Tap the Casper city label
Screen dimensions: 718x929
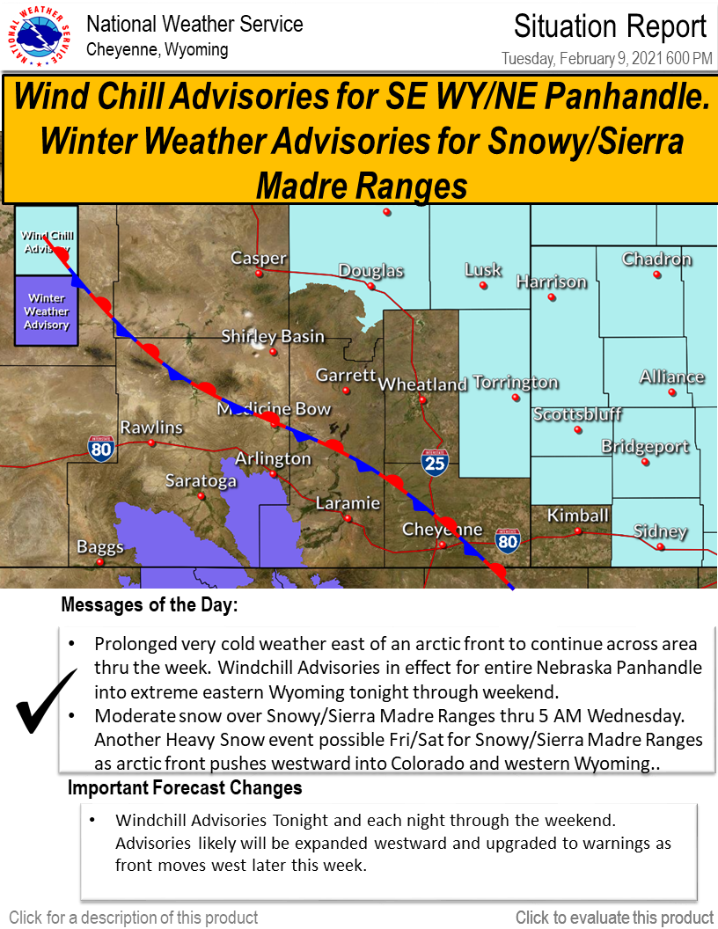pos(259,259)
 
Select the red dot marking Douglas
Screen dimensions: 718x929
pos(370,286)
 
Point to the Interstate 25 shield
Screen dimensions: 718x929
pos(435,462)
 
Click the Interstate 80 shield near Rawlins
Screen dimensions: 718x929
pos(101,449)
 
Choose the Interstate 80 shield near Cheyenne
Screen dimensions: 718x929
pos(508,541)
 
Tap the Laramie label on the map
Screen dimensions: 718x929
pos(348,503)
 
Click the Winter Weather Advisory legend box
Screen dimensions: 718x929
pos(47,311)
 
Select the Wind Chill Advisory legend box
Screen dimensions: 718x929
pos(47,240)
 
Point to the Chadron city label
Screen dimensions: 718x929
pos(656,259)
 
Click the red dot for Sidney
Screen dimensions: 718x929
pos(661,547)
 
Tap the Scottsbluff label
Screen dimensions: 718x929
pos(577,413)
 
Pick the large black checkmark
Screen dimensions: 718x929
pos(47,701)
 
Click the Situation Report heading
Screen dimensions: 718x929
pos(610,26)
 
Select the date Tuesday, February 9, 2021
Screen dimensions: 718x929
pos(582,58)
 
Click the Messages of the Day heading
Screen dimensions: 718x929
pos(150,604)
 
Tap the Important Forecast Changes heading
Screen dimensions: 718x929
pos(185,787)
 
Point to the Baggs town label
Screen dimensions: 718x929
pos(100,547)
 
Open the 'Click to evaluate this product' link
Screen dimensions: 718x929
pos(614,918)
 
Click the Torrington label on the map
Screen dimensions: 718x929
pos(516,383)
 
